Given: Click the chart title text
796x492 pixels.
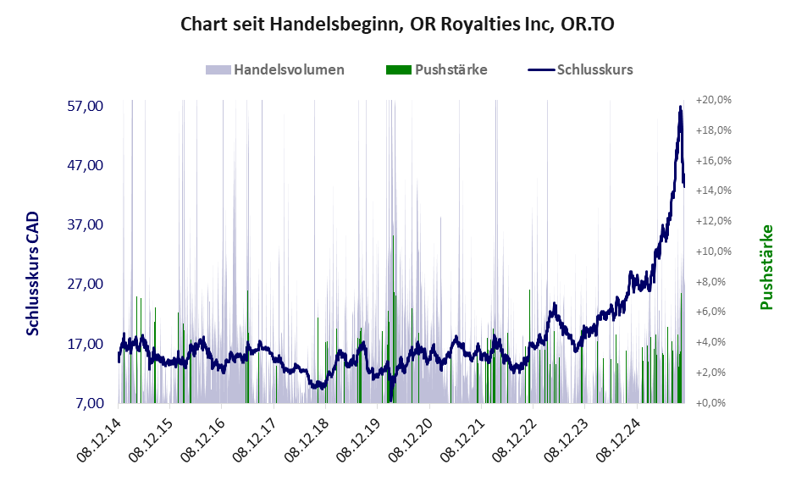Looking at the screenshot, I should pyautogui.click(x=397, y=25).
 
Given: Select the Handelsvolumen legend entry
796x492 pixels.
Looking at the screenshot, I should pyautogui.click(x=289, y=69).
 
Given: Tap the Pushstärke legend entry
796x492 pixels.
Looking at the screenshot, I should pyautogui.click(x=451, y=69).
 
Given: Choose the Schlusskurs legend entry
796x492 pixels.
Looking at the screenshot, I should pyautogui.click(x=594, y=69).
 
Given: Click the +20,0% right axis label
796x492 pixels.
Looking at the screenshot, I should pyautogui.click(x=713, y=100).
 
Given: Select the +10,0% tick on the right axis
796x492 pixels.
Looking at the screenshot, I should pyautogui.click(x=713, y=252).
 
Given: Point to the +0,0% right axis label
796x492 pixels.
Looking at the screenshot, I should pyautogui.click(x=713, y=403).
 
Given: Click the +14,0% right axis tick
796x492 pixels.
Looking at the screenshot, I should pyautogui.click(x=713, y=191).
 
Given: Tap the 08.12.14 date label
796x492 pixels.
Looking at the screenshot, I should pyautogui.click(x=100, y=439).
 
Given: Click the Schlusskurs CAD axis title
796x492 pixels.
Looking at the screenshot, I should pyautogui.click(x=33, y=273).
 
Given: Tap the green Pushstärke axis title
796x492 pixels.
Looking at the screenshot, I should pyautogui.click(x=767, y=267).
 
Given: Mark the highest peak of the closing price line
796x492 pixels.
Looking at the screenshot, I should pyautogui.click(x=680, y=107).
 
